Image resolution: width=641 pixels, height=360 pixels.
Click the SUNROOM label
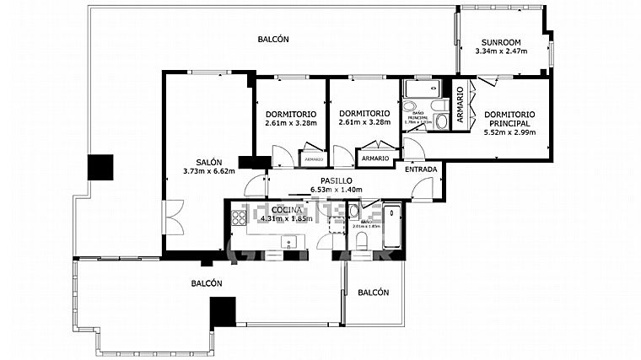(x=501, y=42)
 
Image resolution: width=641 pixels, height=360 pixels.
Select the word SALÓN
(x=209, y=163)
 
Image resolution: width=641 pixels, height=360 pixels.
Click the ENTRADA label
(x=421, y=169)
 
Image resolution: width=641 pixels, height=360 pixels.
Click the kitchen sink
(x=289, y=244)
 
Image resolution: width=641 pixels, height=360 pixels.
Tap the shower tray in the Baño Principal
(x=420, y=88)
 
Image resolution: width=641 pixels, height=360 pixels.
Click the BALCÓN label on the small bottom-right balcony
(x=373, y=293)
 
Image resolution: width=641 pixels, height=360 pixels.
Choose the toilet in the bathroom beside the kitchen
(x=362, y=243)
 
